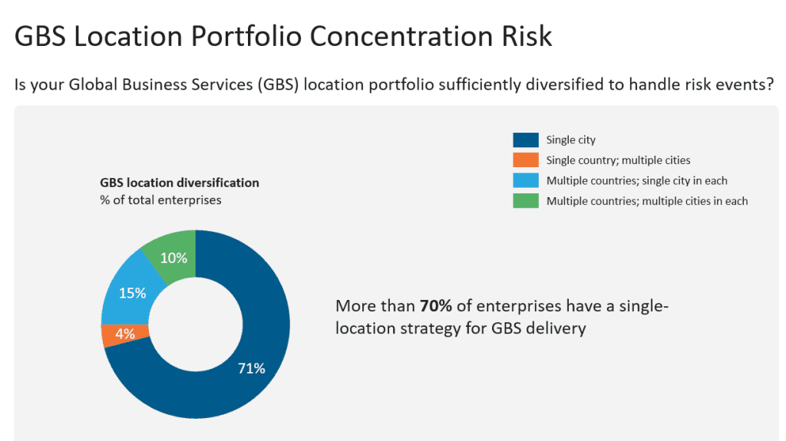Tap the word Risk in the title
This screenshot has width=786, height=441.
coord(526,36)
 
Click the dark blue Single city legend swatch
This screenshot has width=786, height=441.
coord(525,140)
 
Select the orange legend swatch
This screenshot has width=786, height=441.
coord(525,160)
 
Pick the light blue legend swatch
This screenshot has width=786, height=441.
coord(525,181)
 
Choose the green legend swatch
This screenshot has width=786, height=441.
coord(525,201)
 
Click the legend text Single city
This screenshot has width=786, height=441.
coord(571,140)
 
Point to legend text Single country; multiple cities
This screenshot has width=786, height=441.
coord(618,160)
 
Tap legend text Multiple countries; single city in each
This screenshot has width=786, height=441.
coord(636,181)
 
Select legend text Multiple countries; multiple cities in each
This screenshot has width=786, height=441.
coord(647,201)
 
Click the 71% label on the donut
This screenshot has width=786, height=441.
coord(251,368)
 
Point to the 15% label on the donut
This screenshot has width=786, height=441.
coord(132,293)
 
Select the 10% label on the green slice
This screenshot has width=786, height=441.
coord(173,258)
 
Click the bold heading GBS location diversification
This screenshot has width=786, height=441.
coord(180,183)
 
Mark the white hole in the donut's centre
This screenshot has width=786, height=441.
coord(196,323)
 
